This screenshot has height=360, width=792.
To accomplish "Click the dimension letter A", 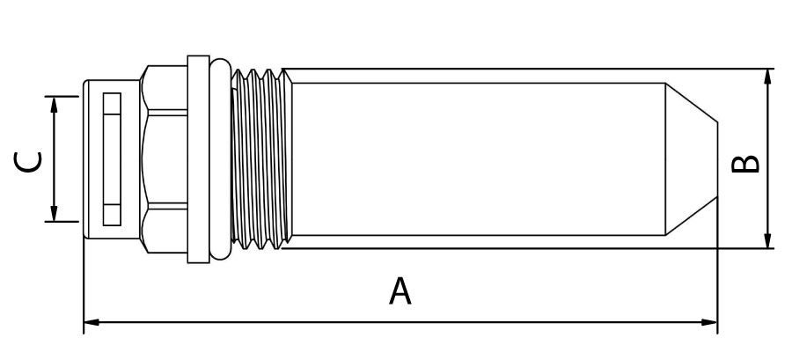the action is pyautogui.click(x=400, y=290).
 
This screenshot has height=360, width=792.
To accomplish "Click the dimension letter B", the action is pyautogui.click(x=745, y=164).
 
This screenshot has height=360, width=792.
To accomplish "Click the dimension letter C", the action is pyautogui.click(x=28, y=162).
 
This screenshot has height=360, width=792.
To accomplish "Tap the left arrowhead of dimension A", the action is pyautogui.click(x=92, y=322).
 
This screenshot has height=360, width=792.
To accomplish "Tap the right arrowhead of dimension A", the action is pyautogui.click(x=709, y=322).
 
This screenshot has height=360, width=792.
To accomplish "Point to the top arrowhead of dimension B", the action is pyautogui.click(x=767, y=77).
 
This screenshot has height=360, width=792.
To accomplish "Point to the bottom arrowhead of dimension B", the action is pyautogui.click(x=767, y=240).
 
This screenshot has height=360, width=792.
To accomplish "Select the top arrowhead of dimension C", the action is pyautogui.click(x=54, y=105).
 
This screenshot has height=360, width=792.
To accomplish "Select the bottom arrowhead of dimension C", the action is pyautogui.click(x=54, y=213).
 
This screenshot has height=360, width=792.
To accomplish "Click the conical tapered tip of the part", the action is pyautogui.click(x=691, y=159).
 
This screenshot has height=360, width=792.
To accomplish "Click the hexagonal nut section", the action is pyautogui.click(x=165, y=159).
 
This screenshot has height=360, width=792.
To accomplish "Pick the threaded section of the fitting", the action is pyautogui.click(x=261, y=159).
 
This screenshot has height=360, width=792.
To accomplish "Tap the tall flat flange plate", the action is pyautogui.click(x=199, y=159).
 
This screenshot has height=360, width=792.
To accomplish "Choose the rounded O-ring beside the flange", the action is pyautogui.click(x=220, y=159).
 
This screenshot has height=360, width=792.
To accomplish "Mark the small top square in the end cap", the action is pyautogui.click(x=112, y=104).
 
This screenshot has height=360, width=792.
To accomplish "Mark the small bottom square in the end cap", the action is pyautogui.click(x=112, y=215).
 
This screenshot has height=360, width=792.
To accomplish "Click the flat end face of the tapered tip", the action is pyautogui.click(x=717, y=159).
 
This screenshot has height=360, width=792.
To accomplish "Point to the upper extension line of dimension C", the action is pyautogui.click(x=62, y=96).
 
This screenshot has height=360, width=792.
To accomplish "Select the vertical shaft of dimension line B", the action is pyautogui.click(x=767, y=158).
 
